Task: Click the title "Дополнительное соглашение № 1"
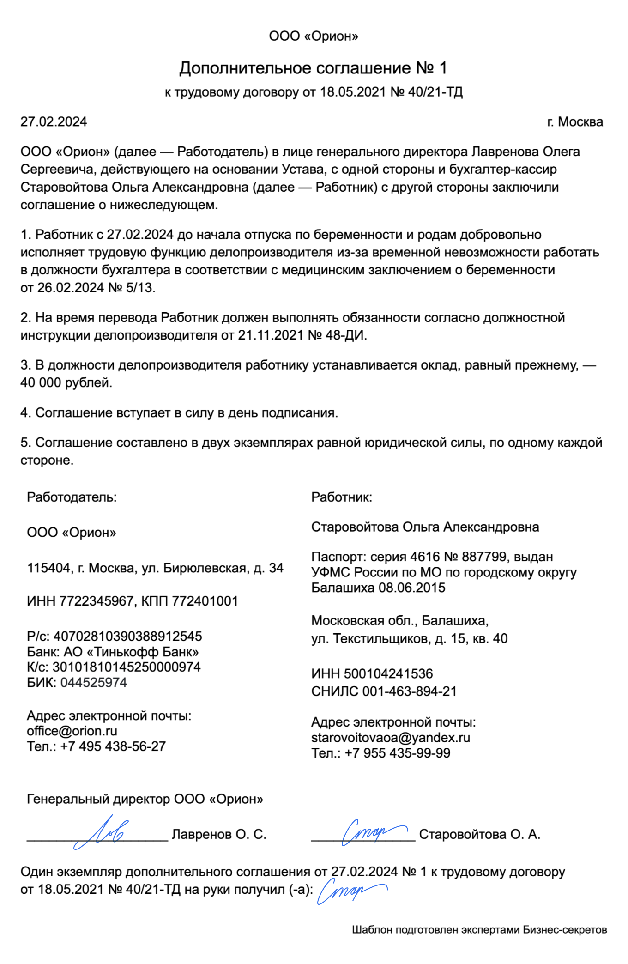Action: click(x=313, y=68)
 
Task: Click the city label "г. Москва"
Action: click(x=575, y=122)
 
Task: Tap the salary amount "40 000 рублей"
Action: click(x=66, y=383)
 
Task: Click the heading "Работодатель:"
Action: click(x=72, y=497)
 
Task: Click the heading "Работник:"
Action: click(x=342, y=497)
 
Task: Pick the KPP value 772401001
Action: click(x=205, y=601)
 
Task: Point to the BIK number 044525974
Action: click(x=94, y=682)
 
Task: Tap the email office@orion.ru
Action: click(x=72, y=731)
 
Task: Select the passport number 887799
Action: click(x=485, y=557)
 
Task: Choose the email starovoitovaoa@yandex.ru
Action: click(x=391, y=738)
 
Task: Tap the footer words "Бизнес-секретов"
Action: click(x=565, y=929)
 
